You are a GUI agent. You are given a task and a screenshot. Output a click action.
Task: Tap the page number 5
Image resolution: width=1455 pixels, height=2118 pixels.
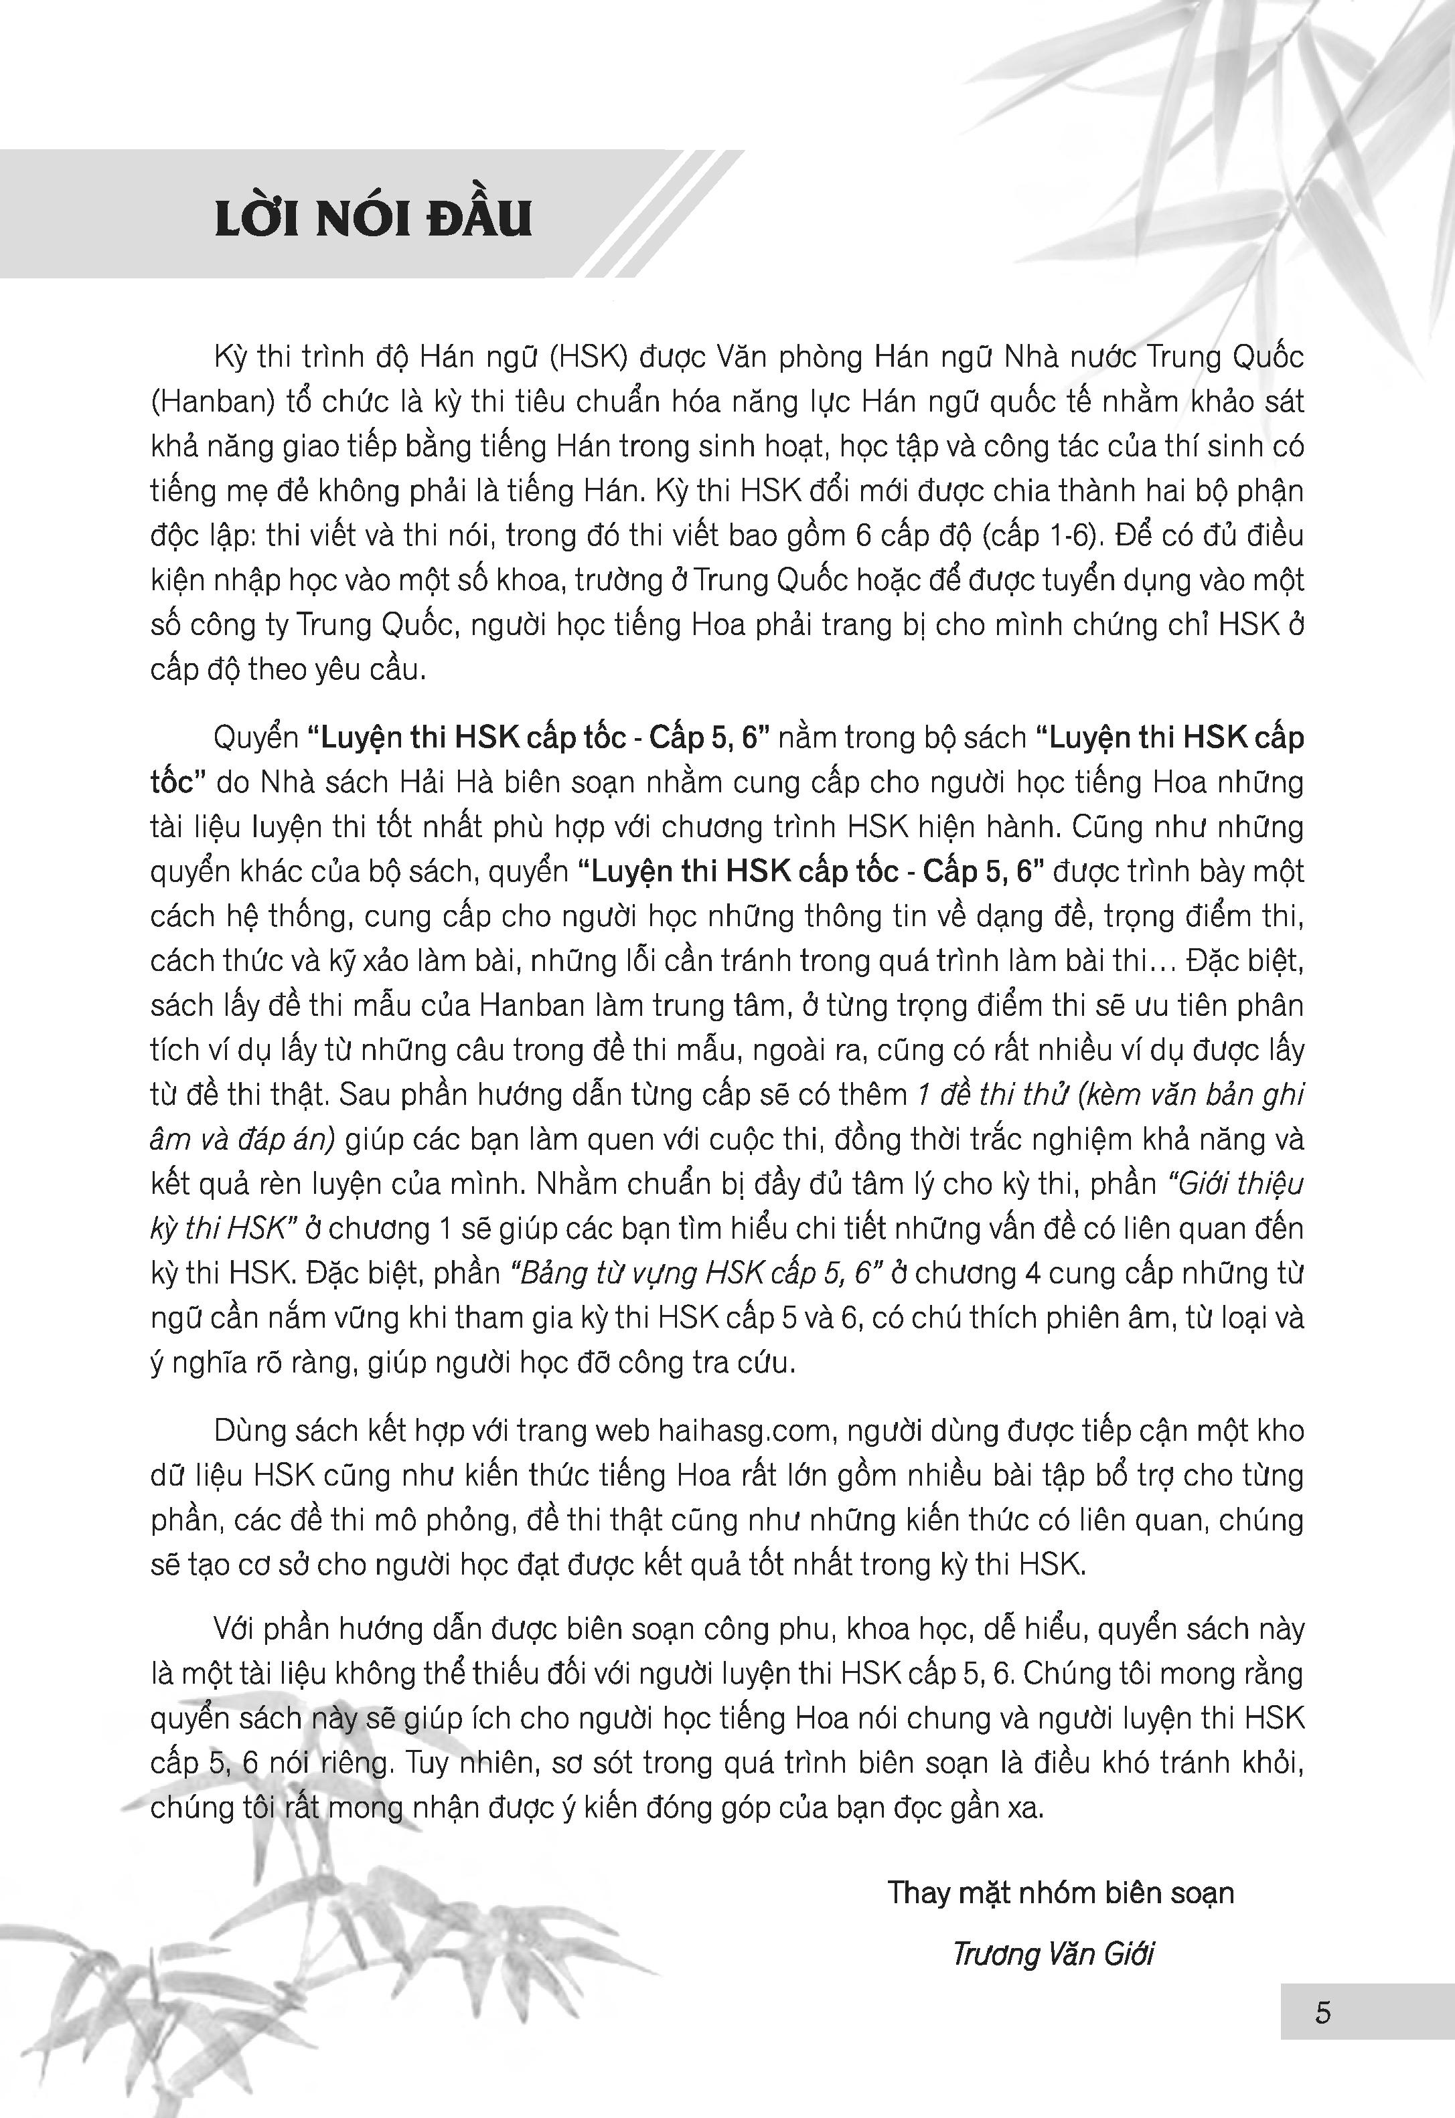(x=1323, y=2012)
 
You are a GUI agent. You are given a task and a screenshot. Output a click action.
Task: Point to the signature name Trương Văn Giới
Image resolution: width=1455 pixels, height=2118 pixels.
(x=1053, y=1954)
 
